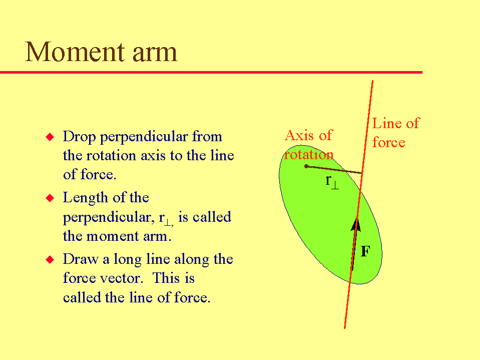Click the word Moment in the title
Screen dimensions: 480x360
(75, 52)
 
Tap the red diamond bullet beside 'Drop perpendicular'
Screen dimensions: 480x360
(50, 137)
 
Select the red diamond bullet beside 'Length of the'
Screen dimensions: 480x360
(50, 198)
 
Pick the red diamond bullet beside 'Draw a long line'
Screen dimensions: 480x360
(50, 259)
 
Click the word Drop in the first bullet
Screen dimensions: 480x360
(79, 137)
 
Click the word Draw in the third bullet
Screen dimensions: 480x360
(81, 259)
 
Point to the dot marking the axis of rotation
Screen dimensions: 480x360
(306, 166)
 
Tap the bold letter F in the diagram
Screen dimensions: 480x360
(365, 251)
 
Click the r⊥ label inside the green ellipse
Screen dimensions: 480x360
(332, 181)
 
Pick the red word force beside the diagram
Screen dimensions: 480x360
(389, 143)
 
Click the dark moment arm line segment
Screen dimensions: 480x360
(334, 170)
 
